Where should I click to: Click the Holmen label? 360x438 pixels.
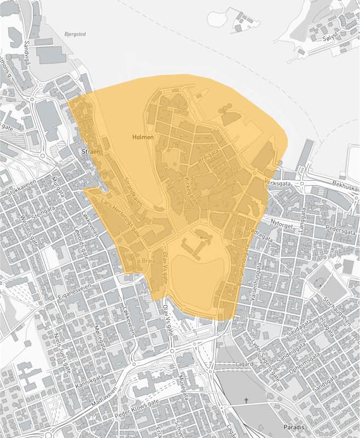click(143, 137)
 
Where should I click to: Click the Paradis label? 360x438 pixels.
click(294, 426)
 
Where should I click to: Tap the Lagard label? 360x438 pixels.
click(244, 364)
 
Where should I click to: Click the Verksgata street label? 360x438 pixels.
click(276, 180)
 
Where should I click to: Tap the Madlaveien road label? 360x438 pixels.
click(108, 398)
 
